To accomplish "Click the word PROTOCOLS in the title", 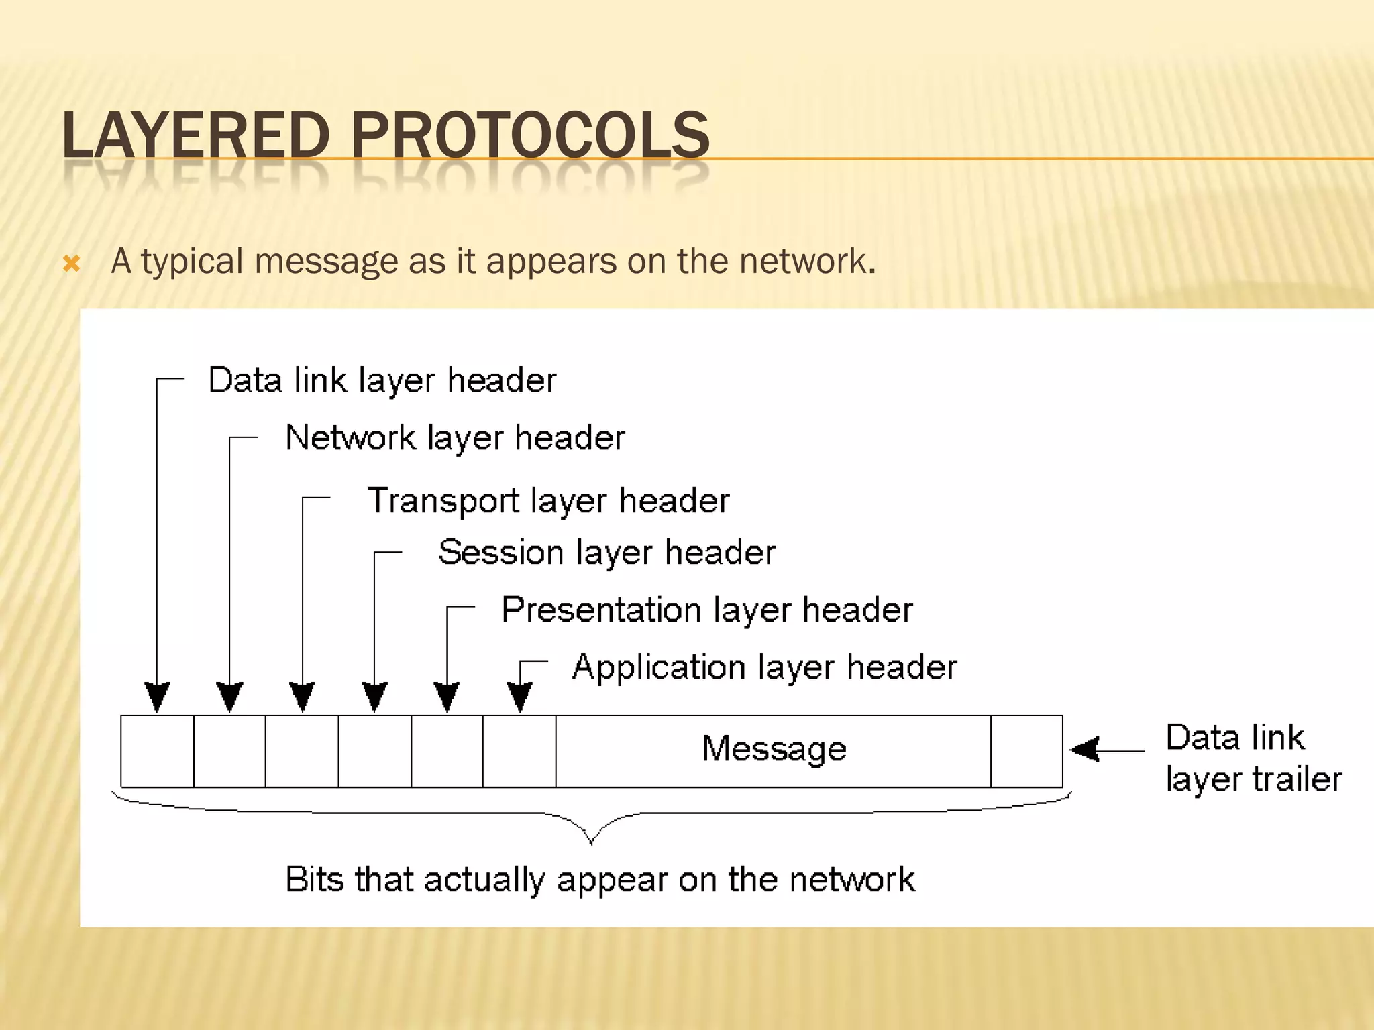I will (x=530, y=135).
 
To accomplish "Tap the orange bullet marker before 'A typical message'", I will (x=71, y=264).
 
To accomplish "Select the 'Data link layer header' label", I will (x=382, y=381).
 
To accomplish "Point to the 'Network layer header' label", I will (x=455, y=439).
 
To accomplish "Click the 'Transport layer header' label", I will (x=548, y=501).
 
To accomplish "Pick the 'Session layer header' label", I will (x=606, y=553).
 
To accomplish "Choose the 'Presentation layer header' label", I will (x=707, y=610).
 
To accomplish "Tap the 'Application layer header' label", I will (x=765, y=668).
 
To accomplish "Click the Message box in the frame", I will (x=774, y=750).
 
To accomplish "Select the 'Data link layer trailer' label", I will (x=1253, y=758).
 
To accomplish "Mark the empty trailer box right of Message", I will (x=1026, y=751).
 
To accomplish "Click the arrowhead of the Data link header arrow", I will (x=157, y=697).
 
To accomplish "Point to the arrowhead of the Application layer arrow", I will (x=520, y=697).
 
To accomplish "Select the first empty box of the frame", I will (x=157, y=751).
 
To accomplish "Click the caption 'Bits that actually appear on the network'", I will (x=600, y=880).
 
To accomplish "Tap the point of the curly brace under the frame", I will (x=591, y=842).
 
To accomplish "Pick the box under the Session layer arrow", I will (x=375, y=751).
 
